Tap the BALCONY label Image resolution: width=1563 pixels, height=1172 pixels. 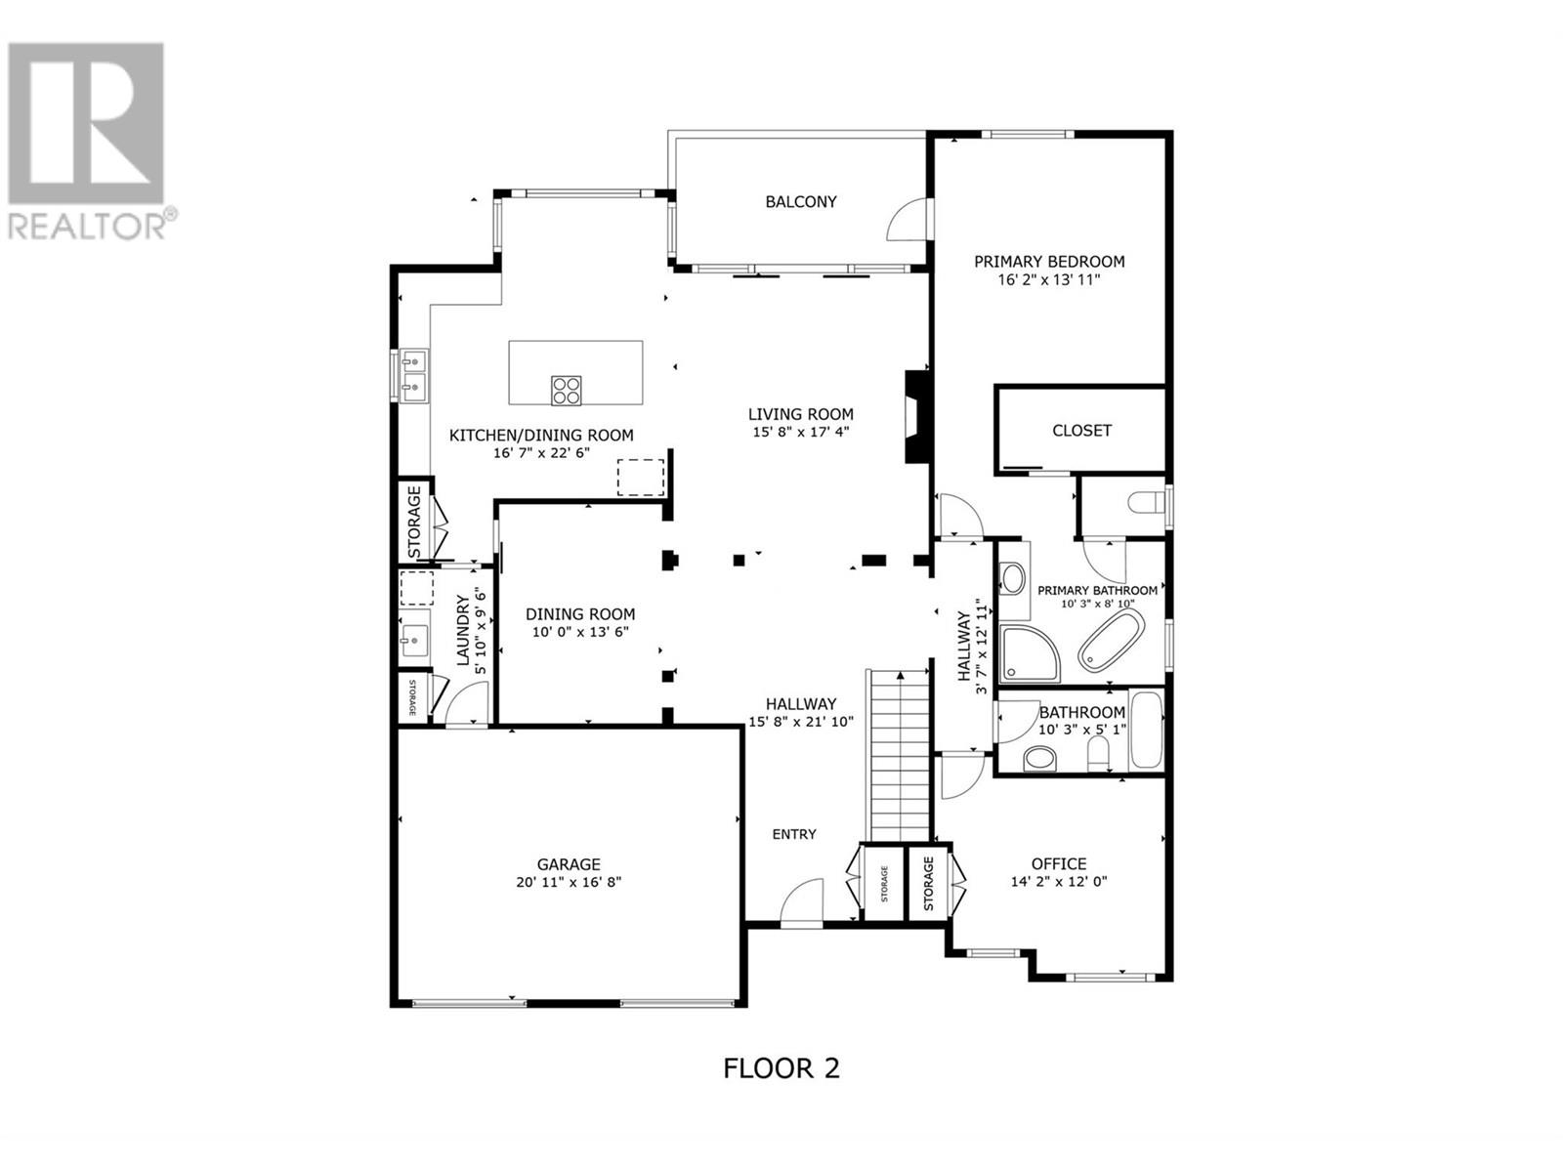800,202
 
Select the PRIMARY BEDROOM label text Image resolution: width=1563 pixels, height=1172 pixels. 1049,262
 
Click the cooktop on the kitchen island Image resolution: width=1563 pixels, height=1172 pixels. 566,391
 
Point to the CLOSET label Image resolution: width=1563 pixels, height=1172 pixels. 1081,431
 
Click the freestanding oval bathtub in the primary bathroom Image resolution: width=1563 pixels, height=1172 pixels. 1110,641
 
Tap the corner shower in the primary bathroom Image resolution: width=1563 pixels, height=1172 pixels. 1029,653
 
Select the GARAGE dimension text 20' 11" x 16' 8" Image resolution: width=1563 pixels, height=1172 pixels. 569,882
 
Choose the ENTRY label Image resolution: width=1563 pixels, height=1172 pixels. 794,835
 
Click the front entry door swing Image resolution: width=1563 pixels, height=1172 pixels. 802,901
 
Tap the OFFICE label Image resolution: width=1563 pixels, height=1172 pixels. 1059,864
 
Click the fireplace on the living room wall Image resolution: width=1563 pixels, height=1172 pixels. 917,417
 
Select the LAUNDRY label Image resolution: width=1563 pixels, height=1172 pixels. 464,631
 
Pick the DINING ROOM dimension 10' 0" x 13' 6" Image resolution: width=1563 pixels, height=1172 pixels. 580,632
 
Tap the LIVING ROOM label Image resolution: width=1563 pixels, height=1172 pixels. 800,414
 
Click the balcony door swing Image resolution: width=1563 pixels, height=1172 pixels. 907,219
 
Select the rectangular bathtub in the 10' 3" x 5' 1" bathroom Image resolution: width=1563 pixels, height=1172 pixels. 1146,731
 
